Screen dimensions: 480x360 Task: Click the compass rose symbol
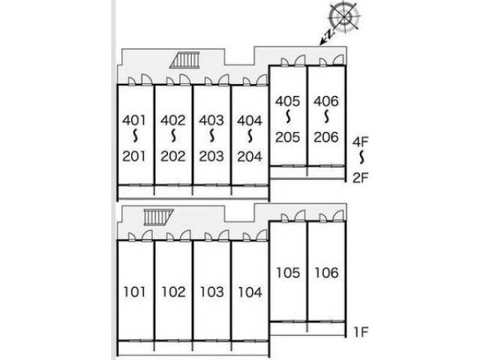tap(343, 16)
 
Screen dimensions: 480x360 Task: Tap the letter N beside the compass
tap(328, 34)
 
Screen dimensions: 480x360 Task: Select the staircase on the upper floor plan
tap(184, 60)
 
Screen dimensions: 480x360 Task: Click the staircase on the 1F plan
tap(158, 217)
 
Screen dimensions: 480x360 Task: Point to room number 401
tap(134, 120)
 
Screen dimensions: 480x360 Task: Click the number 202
tap(173, 157)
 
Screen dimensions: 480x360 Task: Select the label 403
tap(211, 120)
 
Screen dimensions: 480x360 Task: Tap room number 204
tap(250, 157)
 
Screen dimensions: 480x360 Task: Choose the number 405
tap(287, 101)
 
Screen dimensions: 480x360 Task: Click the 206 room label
tap(326, 137)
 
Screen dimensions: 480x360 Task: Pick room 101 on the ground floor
tap(134, 292)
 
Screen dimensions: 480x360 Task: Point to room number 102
tap(173, 292)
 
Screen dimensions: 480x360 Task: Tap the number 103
tap(211, 292)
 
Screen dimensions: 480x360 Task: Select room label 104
tap(250, 292)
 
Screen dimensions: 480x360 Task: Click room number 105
tap(288, 273)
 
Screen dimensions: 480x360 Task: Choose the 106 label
tap(326, 273)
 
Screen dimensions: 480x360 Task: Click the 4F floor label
tap(360, 142)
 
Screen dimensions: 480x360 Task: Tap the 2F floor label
tap(360, 178)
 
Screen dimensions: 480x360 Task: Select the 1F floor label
tap(361, 331)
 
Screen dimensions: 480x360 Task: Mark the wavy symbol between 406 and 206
tap(326, 117)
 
